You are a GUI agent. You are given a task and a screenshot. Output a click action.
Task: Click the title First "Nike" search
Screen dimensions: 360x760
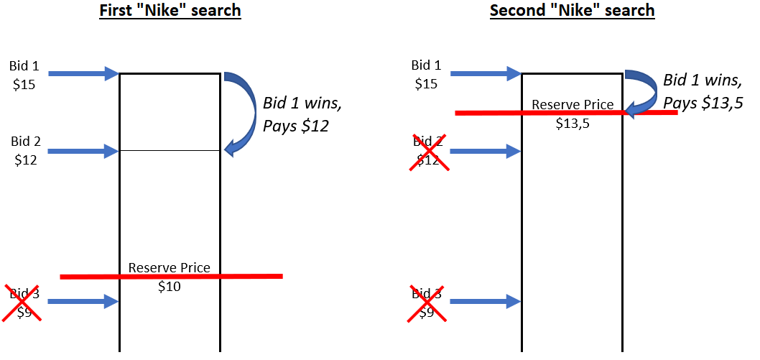pos(170,11)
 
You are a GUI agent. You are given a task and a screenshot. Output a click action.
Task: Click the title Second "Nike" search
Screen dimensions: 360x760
pos(573,11)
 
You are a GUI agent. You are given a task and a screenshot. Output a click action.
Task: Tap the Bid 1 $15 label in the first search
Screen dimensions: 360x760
pos(24,75)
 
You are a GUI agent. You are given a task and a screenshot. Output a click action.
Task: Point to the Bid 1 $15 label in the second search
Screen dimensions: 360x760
pos(426,75)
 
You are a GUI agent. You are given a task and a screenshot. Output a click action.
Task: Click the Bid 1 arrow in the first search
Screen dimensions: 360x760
pos(83,73)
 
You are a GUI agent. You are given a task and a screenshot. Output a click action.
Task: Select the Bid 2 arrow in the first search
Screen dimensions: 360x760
pos(83,151)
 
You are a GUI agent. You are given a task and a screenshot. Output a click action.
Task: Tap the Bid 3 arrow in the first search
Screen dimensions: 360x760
pos(83,302)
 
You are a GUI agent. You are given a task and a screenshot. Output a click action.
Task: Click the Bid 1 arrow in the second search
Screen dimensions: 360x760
pos(485,73)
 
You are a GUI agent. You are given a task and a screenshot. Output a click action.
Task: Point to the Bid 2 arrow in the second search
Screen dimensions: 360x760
pos(485,151)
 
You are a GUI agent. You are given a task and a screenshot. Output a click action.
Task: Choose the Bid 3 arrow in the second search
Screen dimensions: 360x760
pos(485,302)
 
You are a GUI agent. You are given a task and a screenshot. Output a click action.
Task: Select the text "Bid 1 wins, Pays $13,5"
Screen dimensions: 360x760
pos(703,91)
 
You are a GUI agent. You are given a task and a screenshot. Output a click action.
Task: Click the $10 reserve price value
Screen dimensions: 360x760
pos(170,287)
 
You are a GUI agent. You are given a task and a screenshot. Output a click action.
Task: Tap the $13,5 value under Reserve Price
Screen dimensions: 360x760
pos(573,124)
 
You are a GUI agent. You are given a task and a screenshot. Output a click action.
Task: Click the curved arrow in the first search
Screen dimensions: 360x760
pos(244,111)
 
